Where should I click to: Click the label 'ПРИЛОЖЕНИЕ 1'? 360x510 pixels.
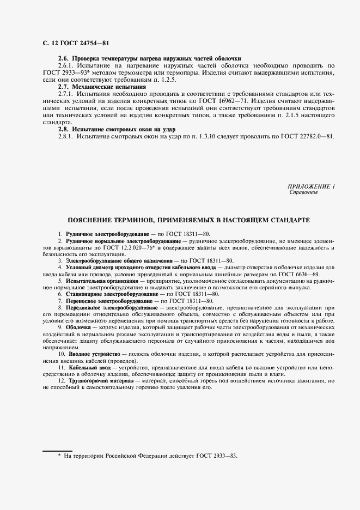pyautogui.click(x=311, y=186)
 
